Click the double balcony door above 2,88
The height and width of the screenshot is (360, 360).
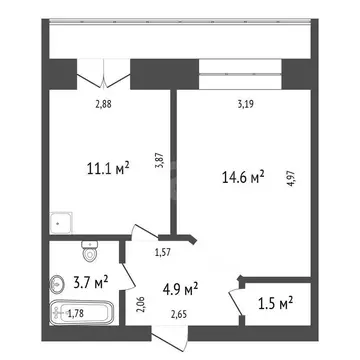coord(105,75)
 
